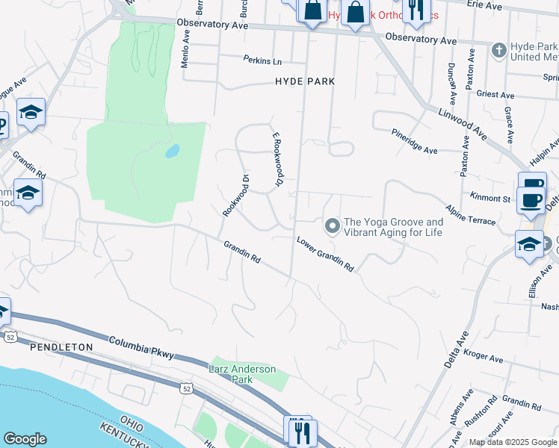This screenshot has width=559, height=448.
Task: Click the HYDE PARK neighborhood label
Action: pyautogui.click(x=304, y=81)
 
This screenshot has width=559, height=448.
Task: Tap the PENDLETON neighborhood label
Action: pyautogui.click(x=61, y=347)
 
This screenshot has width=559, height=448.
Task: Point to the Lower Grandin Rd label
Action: pyautogui.click(x=324, y=254)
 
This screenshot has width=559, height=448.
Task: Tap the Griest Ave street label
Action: pyautogui.click(x=496, y=96)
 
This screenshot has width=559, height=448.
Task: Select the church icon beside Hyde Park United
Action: pyautogui.click(x=499, y=51)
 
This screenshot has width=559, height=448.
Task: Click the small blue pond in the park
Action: pyautogui.click(x=172, y=151)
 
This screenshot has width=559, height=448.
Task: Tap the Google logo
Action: pyautogui.click(x=25, y=439)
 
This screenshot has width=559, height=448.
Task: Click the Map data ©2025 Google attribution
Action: pyautogui.click(x=513, y=442)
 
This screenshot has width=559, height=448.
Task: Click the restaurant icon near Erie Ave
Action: pyautogui.click(x=413, y=9)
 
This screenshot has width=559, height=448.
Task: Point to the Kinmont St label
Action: pyautogui.click(x=490, y=199)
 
